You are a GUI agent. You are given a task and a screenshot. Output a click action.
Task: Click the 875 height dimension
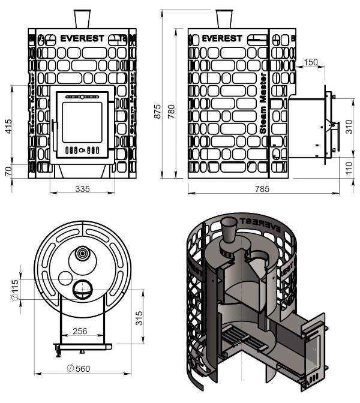pyautogui.click(x=157, y=107)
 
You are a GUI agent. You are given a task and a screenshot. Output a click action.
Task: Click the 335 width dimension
pyautogui.click(x=82, y=189)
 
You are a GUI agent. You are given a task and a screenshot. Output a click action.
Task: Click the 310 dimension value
pyautogui.click(x=349, y=127)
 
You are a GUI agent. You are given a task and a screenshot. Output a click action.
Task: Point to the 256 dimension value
pyautogui.click(x=80, y=330)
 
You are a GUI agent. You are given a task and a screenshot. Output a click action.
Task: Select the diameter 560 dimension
pyautogui.click(x=79, y=368)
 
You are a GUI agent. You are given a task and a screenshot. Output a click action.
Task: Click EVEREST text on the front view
pyautogui.click(x=82, y=38)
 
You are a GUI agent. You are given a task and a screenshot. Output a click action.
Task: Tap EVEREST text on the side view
pyautogui.click(x=223, y=38)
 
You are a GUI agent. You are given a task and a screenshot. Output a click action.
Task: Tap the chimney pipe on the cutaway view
pyautogui.click(x=229, y=230)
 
